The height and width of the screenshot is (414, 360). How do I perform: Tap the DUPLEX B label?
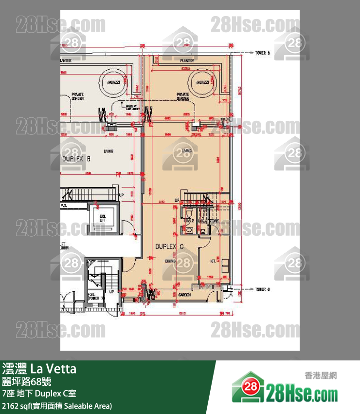pos(77,159)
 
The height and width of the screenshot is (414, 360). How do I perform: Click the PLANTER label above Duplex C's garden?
pos(187,61)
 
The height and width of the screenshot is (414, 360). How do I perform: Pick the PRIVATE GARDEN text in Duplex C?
pos(183,96)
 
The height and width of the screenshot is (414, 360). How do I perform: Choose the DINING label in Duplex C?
pos(170,261)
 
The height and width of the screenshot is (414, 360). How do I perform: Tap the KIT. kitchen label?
pos(213,261)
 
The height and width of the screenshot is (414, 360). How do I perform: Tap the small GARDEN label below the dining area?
pos(184,294)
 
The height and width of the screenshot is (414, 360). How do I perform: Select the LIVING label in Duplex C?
pos(185,151)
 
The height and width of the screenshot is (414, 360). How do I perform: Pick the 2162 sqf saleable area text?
pos(57,405)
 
